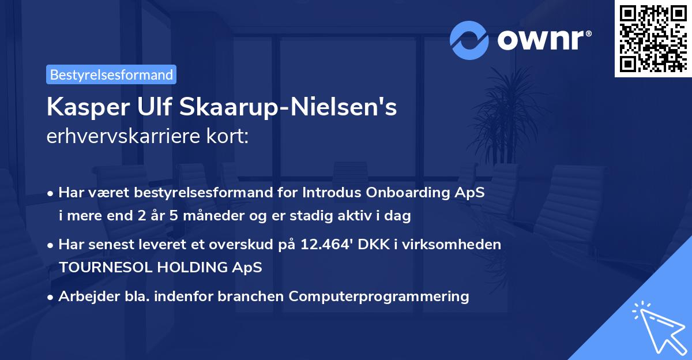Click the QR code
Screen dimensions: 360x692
(653, 38)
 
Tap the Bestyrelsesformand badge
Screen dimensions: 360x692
(111, 74)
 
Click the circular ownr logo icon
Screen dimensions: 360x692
(469, 40)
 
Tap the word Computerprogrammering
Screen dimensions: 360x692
(379, 297)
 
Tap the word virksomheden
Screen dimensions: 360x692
(455, 245)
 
